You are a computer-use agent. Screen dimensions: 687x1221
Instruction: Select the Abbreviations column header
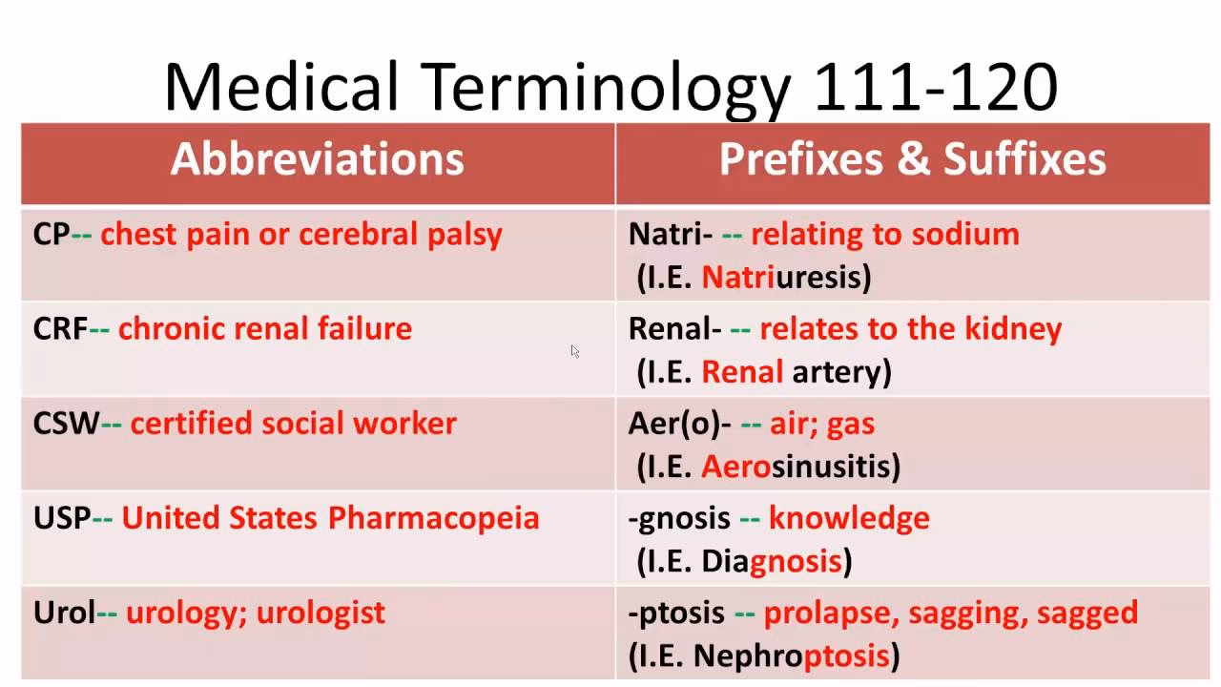(318, 159)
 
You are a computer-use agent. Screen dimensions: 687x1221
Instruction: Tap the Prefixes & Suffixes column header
(913, 159)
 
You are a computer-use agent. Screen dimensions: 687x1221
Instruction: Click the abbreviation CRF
(60, 329)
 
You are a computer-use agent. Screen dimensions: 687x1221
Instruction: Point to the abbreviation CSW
(66, 424)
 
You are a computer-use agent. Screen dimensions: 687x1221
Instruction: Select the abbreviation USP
(62, 518)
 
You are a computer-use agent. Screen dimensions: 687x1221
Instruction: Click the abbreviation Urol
(64, 613)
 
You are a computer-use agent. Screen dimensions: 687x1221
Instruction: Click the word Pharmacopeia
(434, 518)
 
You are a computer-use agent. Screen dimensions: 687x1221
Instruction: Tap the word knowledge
(849, 518)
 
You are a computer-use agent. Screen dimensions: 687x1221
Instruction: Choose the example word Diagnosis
(772, 561)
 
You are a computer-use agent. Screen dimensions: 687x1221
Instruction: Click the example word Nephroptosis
(791, 656)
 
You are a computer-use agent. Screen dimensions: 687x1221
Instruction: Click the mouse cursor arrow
(575, 351)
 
